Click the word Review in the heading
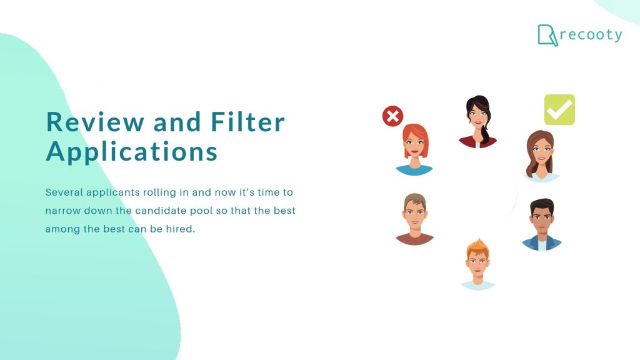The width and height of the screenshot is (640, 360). coord(95,122)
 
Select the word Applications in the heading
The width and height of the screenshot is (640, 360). coord(132,152)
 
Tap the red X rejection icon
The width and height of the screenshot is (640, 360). coord(392,116)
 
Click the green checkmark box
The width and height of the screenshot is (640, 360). coord(559,110)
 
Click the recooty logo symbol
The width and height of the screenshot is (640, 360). coord(547,35)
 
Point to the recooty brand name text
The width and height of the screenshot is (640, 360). coord(591,35)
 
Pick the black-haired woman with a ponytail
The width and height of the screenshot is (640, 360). coord(477,122)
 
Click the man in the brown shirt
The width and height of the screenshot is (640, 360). coord(414,219)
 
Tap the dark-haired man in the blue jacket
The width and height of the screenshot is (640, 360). coord(541,225)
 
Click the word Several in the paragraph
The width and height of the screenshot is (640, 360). coord(64,192)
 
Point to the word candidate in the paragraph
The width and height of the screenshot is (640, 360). coord(156,211)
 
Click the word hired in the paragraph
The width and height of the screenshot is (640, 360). coord(179,229)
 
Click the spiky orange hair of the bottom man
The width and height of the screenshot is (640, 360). coord(478,247)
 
